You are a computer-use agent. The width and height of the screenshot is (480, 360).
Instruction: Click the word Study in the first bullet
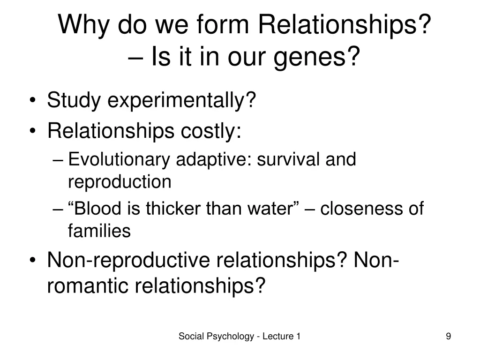75,100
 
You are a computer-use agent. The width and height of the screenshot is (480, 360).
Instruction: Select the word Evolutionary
120,160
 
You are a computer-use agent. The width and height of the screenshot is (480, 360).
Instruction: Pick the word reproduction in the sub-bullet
120,182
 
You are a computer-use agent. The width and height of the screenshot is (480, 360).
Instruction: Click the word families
99,231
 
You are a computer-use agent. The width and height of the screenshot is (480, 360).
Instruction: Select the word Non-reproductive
128,261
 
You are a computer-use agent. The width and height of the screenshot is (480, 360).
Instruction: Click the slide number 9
449,336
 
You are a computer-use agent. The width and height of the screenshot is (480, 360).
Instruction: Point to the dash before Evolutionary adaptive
58,160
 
